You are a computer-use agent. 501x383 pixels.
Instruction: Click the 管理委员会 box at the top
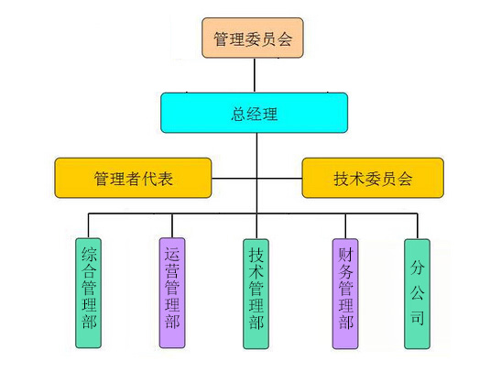(253, 38)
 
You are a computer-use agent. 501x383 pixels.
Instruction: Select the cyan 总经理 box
(254, 113)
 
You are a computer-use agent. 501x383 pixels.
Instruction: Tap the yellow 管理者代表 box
(133, 178)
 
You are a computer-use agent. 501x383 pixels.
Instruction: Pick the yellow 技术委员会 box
(373, 178)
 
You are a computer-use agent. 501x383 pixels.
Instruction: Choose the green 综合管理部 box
(89, 293)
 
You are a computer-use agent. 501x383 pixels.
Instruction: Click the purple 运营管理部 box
(172, 293)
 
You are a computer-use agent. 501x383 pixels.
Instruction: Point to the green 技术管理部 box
(256, 294)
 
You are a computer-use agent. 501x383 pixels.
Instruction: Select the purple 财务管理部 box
(345, 294)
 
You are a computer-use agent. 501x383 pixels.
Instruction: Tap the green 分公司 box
(418, 294)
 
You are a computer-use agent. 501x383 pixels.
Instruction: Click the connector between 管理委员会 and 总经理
(255, 75)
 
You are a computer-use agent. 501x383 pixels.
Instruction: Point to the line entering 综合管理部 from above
(89, 225)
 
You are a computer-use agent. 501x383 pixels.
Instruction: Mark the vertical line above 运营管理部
(172, 225)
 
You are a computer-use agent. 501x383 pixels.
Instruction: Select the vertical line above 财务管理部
(345, 226)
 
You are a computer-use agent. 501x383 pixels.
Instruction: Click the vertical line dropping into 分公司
(418, 226)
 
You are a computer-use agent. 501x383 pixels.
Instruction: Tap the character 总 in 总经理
(238, 114)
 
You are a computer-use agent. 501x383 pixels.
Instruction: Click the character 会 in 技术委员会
(405, 179)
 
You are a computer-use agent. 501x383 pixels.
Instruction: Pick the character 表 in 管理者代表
(165, 179)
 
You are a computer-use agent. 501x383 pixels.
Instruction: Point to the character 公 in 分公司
(418, 293)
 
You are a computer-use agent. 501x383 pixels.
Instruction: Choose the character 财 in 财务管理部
(345, 255)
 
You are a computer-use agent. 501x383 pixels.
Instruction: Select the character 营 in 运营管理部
(172, 270)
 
